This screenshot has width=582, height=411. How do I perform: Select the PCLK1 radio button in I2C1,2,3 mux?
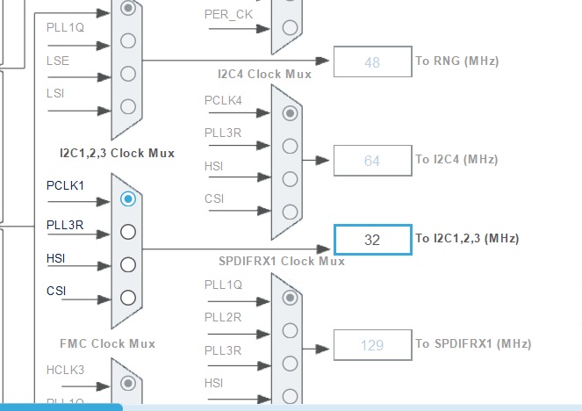128,199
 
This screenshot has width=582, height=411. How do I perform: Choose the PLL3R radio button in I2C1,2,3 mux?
128,232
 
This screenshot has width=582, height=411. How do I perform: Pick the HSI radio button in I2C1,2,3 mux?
128,264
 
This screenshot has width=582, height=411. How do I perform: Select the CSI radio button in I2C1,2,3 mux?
128,297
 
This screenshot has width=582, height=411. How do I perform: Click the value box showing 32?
372,240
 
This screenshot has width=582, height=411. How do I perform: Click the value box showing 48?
372,62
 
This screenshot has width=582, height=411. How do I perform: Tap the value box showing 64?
372,161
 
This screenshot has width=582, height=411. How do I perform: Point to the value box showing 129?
372,345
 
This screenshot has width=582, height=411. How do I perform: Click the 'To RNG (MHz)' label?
456,61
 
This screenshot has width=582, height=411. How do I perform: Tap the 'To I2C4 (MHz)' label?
456,160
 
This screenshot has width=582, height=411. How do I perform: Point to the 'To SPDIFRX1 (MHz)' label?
473,344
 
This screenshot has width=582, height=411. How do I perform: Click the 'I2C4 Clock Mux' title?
264,75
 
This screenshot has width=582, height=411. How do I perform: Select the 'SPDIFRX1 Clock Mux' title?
281,261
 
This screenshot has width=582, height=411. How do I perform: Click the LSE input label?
58,61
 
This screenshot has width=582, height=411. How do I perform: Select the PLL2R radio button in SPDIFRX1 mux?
289,330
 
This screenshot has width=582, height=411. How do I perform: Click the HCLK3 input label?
65,370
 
